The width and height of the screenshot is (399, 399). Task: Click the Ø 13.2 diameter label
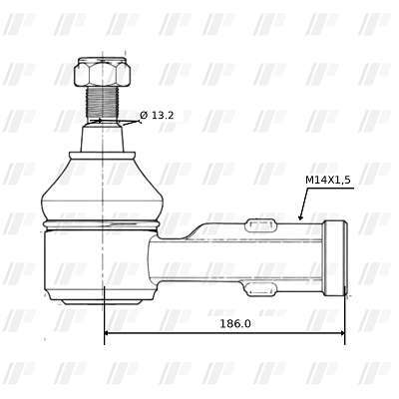(157, 116)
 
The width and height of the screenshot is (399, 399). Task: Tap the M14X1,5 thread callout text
(328, 180)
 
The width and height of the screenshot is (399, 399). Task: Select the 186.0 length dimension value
(235, 323)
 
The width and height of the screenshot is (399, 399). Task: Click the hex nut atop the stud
(103, 72)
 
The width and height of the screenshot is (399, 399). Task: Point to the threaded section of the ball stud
(103, 103)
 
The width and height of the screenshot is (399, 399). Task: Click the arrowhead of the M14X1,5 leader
(300, 216)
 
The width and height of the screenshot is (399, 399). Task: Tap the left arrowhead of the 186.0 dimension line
(107, 333)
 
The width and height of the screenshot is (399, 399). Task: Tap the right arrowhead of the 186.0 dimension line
(341, 333)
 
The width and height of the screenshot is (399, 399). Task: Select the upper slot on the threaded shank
(261, 225)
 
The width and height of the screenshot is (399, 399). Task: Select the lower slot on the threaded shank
(261, 288)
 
